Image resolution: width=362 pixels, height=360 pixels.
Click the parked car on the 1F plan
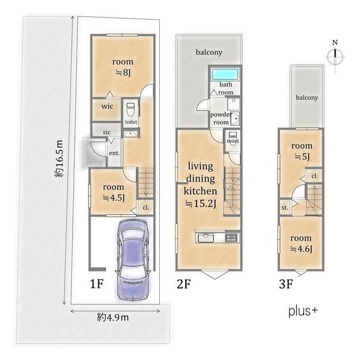tap(133, 260)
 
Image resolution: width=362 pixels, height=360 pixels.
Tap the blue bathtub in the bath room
tap(225, 74)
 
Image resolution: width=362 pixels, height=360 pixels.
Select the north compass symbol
tap(335, 57)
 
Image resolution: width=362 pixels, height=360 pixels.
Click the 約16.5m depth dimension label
tap(59, 159)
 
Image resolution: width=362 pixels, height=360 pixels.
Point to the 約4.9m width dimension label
tap(113, 318)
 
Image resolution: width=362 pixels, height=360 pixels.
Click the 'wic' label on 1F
tap(107, 106)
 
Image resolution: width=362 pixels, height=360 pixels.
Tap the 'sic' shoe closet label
tap(107, 132)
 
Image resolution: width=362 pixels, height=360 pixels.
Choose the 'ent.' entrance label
tap(114, 153)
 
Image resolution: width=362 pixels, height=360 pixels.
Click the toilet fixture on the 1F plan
tap(130, 110)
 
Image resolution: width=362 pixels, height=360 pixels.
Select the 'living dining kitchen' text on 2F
tap(200, 178)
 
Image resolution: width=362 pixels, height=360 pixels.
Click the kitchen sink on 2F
tap(206, 238)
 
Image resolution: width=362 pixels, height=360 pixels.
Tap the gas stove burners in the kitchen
tap(231, 238)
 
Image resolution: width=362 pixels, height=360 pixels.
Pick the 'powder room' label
tap(221, 118)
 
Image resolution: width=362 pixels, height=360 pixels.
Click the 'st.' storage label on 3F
tap(285, 207)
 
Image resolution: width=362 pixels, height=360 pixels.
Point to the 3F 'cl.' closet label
tap(314, 176)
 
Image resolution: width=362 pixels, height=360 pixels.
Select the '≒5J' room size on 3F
tap(302, 156)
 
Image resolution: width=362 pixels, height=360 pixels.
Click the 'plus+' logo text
tap(303, 311)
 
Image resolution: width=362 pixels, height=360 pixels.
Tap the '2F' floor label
tap(184, 283)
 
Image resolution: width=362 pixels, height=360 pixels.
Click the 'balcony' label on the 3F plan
tap(307, 98)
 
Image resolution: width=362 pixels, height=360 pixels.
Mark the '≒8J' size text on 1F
tap(123, 72)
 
